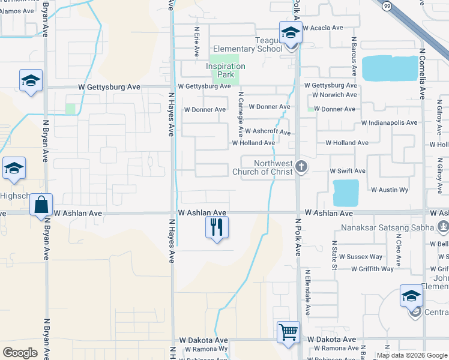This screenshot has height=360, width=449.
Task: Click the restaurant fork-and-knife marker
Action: [x=217, y=227]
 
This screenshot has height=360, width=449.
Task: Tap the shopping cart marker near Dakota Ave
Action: [x=288, y=332]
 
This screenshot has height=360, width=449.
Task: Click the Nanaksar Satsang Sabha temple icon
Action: [x=443, y=227]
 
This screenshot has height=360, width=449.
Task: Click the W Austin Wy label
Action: [x=390, y=190]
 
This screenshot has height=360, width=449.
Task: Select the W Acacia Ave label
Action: [x=322, y=28]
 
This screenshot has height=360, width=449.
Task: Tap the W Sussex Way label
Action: [x=364, y=257]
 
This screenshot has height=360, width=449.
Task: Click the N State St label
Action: [x=335, y=256]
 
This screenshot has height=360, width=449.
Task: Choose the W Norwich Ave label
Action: [x=330, y=95]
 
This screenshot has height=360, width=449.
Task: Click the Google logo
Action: [x=20, y=352]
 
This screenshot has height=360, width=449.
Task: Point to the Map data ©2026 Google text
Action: [x=411, y=355]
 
